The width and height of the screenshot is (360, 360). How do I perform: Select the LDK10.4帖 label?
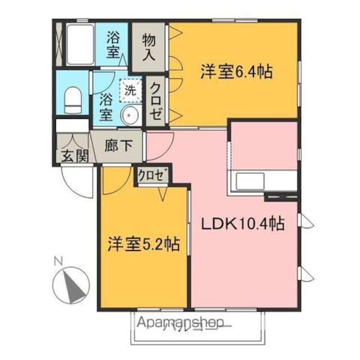pos(242,224)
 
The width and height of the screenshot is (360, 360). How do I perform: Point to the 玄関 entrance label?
pos(74,156)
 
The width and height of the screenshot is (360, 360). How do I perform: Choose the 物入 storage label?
pos(149,47)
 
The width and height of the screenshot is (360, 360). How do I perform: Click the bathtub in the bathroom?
pos(79,44)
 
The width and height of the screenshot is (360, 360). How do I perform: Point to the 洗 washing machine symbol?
pos(130,89)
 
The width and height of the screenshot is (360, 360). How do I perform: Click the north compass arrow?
pos(72,285)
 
